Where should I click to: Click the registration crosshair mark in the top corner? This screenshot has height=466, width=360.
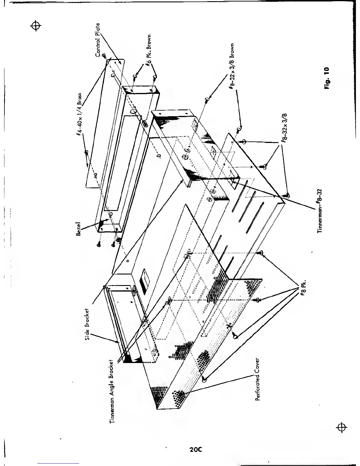(36, 26)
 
